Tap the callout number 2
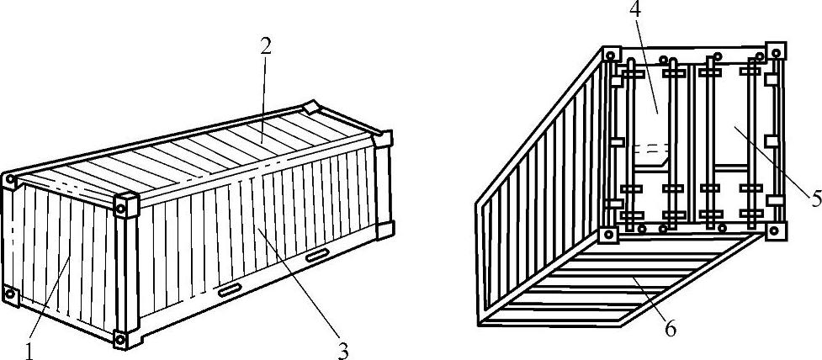[x=266, y=45]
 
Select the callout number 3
[x=343, y=350]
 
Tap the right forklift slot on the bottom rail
[x=317, y=255]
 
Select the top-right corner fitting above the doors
[x=775, y=50]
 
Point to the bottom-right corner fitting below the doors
[x=776, y=229]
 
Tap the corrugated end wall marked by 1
[x=63, y=252]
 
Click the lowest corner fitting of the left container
[x=120, y=339]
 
